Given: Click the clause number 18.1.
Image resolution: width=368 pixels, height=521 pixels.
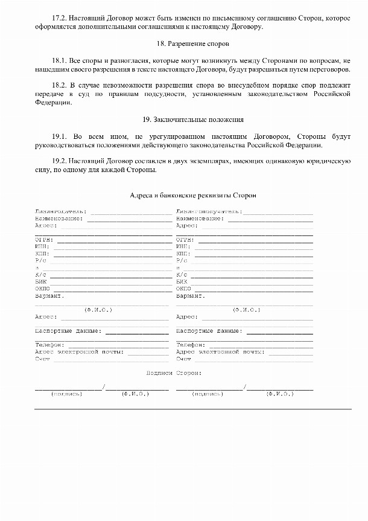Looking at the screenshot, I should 61,61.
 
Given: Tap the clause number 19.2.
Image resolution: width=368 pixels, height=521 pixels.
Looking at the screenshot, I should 61,161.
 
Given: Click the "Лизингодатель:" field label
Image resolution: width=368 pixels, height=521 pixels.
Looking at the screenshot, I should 60,212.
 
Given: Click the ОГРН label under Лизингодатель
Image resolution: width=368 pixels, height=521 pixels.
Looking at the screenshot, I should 44,240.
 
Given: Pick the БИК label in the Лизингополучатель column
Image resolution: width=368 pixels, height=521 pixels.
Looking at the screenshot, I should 182,282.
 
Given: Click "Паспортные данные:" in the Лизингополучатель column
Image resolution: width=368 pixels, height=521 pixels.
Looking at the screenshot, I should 209,331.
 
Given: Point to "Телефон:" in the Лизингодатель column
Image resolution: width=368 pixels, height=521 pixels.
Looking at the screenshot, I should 49,345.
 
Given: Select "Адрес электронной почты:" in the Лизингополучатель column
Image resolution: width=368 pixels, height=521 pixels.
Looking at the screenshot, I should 220,351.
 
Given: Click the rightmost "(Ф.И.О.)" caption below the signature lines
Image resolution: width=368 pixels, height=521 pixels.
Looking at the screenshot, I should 280,394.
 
